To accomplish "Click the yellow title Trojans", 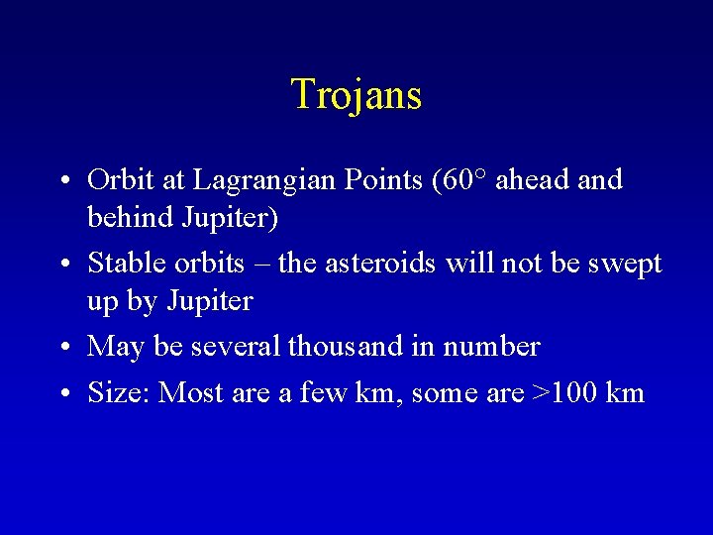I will coord(356,95).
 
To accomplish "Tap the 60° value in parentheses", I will coord(463,180).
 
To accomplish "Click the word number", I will coord(491,347).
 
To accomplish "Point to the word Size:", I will coord(119,393).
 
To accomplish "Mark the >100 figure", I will coord(564,393).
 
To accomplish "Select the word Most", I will coord(191,393).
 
